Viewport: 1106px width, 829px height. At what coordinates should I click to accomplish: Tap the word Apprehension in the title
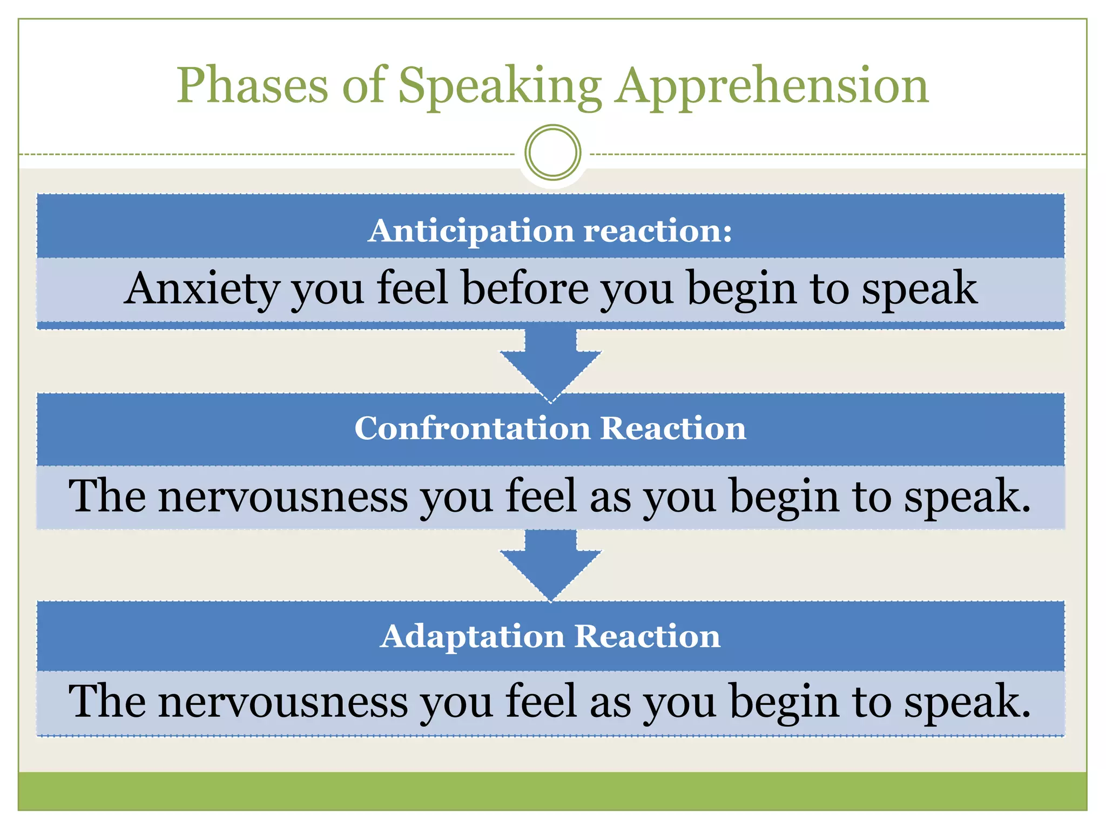click(772, 86)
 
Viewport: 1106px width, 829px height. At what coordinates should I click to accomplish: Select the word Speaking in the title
click(500, 86)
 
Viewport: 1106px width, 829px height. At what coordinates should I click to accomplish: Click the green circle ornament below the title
click(552, 153)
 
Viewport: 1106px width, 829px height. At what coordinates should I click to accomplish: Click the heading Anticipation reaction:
click(550, 230)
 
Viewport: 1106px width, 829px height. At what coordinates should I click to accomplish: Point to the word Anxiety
click(201, 289)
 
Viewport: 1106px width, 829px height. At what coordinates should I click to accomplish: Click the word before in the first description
click(524, 288)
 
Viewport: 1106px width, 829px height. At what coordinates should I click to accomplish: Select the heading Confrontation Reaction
click(550, 429)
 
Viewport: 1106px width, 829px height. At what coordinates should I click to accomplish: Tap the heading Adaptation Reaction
click(550, 636)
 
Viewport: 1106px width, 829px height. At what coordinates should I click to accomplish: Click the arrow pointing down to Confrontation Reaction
click(550, 364)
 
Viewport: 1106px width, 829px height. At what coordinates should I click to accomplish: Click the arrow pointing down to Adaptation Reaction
click(550, 564)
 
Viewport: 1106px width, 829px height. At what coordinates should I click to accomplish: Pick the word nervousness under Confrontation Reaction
click(283, 497)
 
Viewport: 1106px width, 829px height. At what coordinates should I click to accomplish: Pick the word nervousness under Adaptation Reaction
click(283, 702)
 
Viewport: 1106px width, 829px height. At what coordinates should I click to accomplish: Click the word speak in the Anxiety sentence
click(919, 289)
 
